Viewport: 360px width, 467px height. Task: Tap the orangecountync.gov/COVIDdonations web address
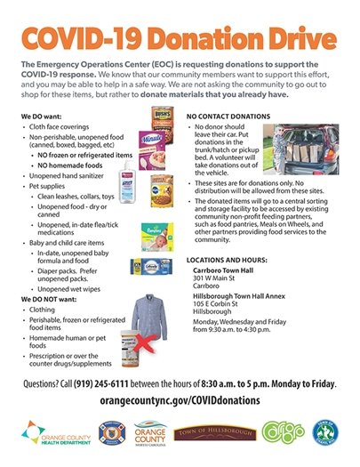tap(179, 400)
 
